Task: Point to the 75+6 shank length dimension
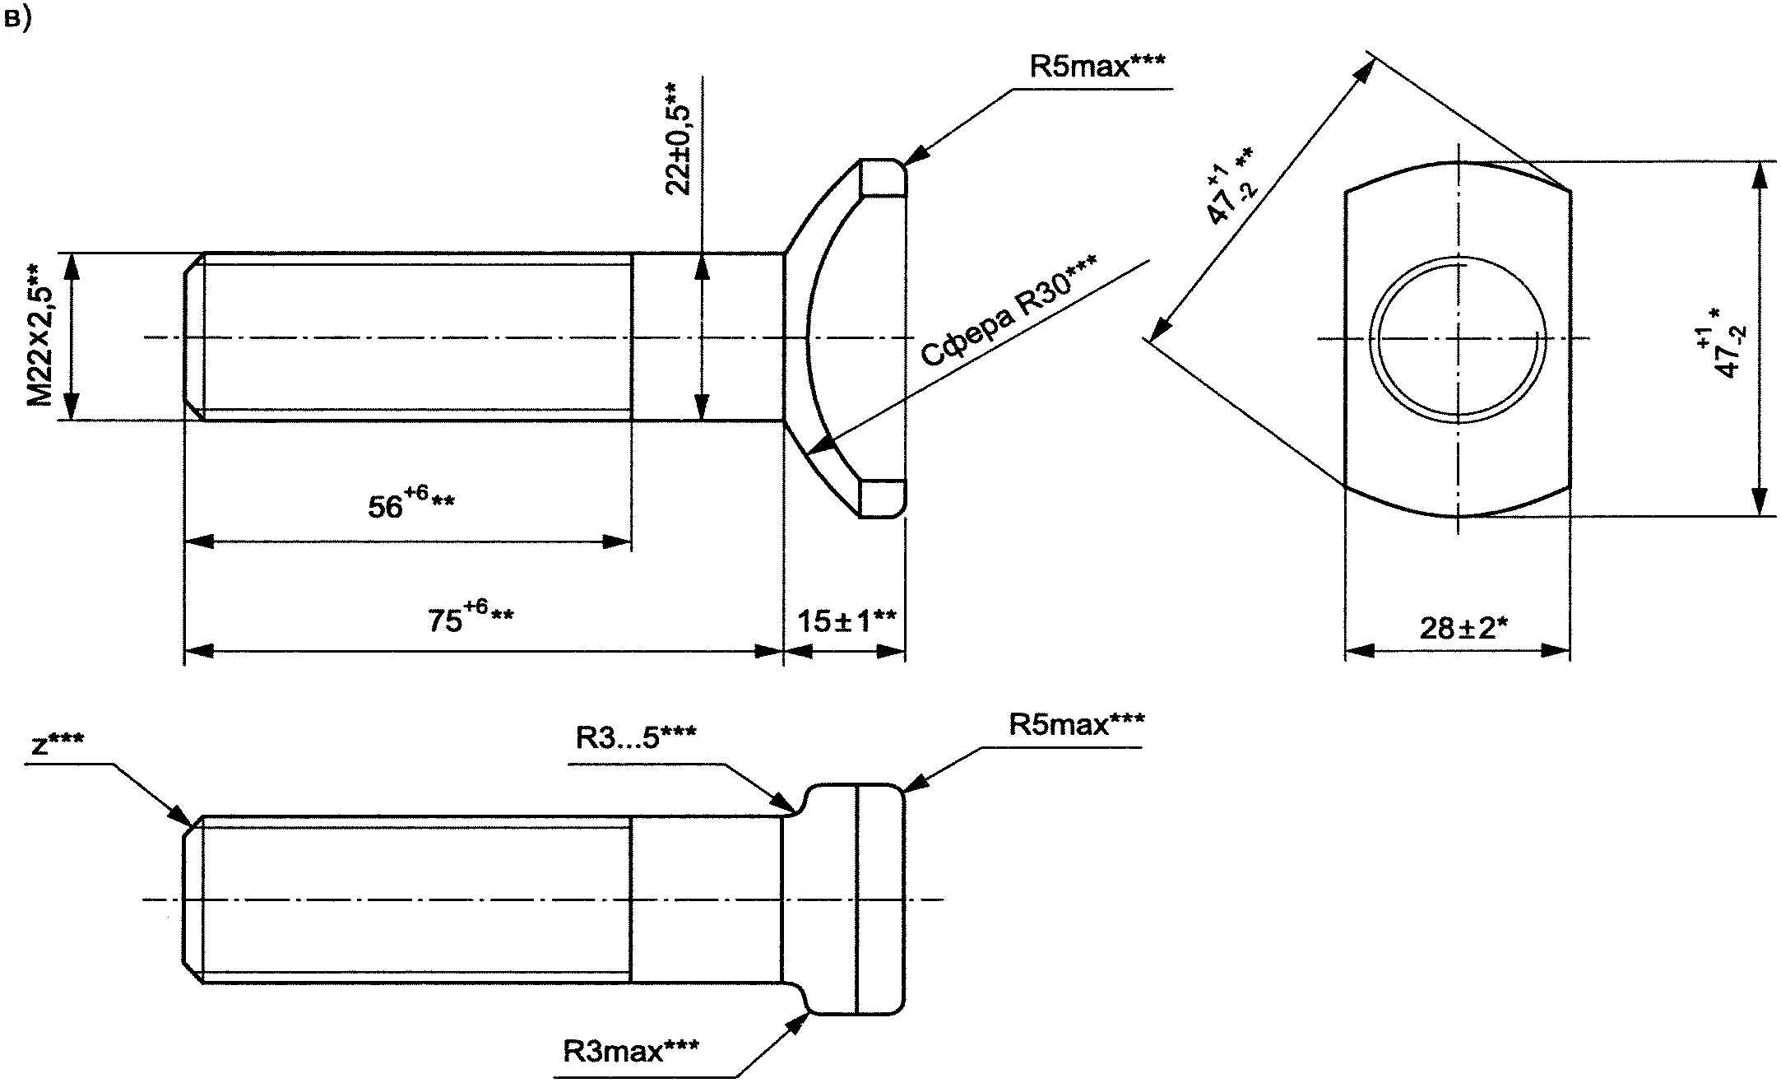click(471, 616)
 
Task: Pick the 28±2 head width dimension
click(1463, 628)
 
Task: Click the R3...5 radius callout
click(636, 737)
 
